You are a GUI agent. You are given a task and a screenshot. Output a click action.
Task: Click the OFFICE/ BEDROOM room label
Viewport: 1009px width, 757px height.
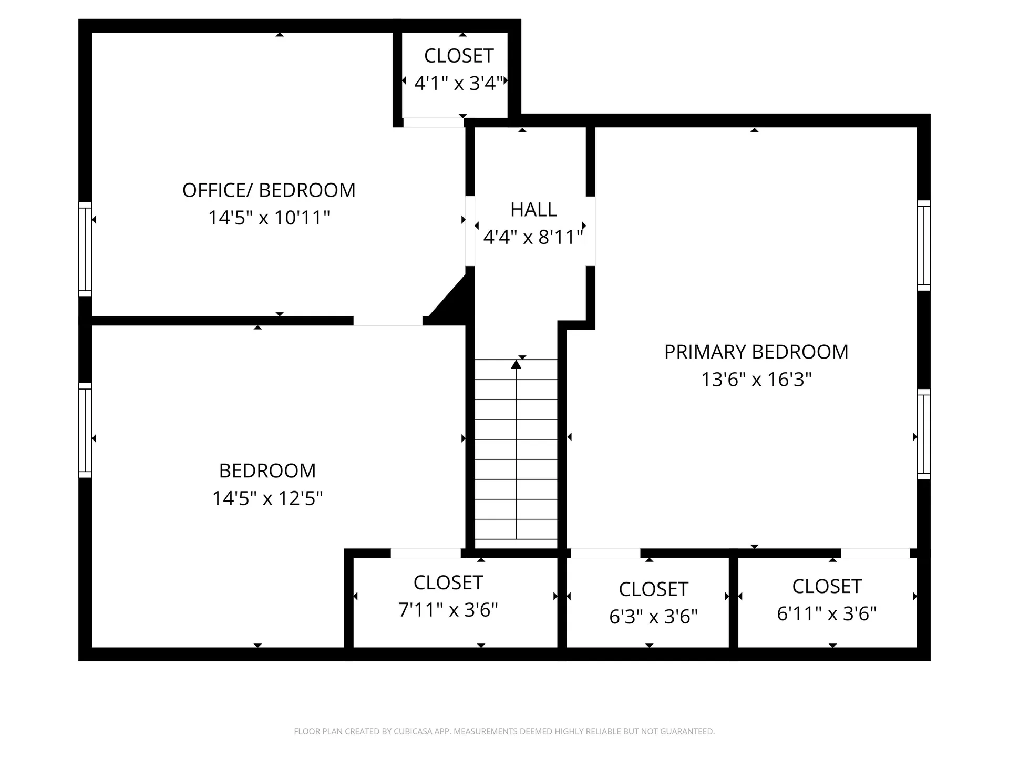pos(269,190)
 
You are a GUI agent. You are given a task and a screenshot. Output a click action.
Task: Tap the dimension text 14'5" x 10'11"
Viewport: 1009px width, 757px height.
pos(269,218)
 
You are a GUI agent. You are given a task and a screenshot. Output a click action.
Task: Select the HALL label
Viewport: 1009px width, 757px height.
pos(533,210)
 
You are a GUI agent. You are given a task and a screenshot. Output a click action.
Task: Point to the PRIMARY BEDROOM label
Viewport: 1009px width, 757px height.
pos(756,352)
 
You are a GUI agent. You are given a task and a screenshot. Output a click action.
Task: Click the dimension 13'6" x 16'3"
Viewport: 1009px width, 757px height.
pos(756,380)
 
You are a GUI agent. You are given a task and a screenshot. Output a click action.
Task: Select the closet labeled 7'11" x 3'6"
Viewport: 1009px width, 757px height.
pos(448,610)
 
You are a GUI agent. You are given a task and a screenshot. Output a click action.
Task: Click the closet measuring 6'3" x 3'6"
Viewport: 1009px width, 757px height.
pos(653,616)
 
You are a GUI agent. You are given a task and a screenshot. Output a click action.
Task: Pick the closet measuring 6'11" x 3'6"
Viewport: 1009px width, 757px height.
pos(826,613)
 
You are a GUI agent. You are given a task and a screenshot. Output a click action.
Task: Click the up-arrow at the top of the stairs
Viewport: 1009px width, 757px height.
pos(516,364)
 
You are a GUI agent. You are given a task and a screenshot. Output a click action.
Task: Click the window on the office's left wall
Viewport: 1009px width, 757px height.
pos(85,249)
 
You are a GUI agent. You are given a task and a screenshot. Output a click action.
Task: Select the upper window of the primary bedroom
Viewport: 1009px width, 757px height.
pos(923,245)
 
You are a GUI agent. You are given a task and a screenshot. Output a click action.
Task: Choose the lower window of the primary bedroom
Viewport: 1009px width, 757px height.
pos(923,434)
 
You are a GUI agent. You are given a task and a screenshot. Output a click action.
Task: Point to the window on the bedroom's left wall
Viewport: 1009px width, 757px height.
pos(85,430)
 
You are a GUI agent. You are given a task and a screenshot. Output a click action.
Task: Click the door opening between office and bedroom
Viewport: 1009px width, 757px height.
pos(388,321)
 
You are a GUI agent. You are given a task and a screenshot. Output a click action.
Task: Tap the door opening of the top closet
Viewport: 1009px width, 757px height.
pos(433,122)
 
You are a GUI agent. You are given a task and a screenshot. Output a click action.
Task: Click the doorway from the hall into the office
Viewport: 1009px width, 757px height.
pos(470,231)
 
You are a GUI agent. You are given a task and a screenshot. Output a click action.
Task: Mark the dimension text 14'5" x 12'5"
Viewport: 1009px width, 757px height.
pos(267,498)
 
